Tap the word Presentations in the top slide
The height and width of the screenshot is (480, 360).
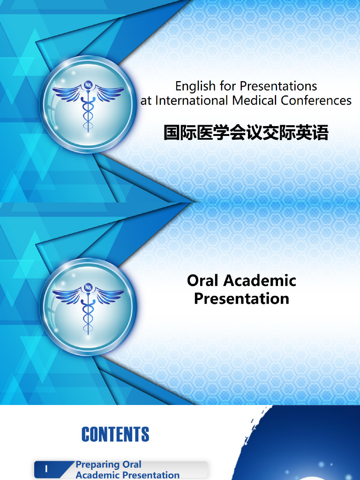278,86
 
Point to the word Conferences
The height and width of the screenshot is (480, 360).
316,100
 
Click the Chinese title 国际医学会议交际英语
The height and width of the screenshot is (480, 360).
246,133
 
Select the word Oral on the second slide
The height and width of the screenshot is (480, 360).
203,280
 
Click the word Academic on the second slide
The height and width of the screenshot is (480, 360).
260,280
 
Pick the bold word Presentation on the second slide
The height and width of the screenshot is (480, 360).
241,299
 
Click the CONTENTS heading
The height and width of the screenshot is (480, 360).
115,435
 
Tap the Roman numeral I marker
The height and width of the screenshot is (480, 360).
46,469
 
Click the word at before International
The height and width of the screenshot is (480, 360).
146,101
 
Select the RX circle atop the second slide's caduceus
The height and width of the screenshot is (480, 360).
88,287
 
